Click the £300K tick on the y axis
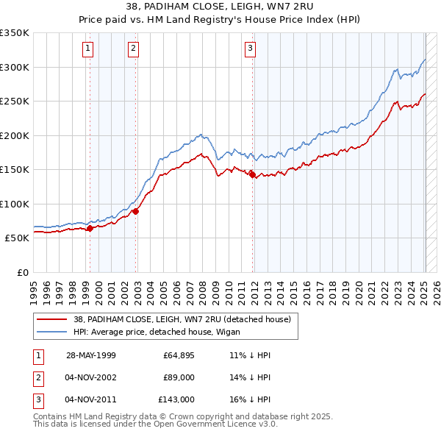click(x=15, y=67)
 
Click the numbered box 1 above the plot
click(x=88, y=49)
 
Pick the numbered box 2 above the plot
click(x=133, y=49)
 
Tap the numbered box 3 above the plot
click(x=250, y=49)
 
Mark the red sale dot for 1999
click(x=90, y=228)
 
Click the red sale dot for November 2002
click(x=136, y=211)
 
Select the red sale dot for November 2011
click(x=253, y=174)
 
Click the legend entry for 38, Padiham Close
click(x=182, y=319)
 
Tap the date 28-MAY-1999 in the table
click(x=91, y=355)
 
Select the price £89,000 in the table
click(x=179, y=377)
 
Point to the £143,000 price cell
click(x=176, y=399)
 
